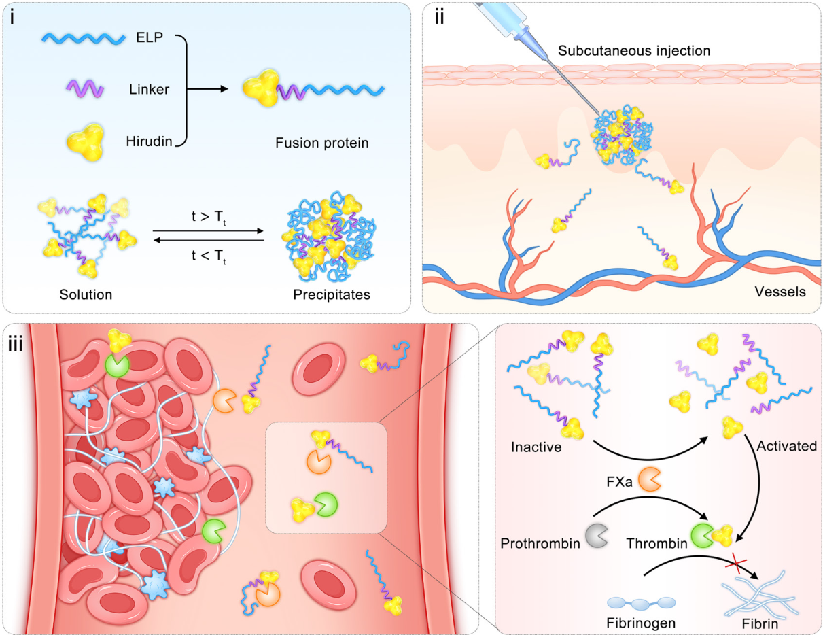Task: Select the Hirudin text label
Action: [x=148, y=141]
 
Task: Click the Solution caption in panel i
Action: [x=85, y=295]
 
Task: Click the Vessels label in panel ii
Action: [x=780, y=292]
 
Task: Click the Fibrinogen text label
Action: [x=640, y=621]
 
